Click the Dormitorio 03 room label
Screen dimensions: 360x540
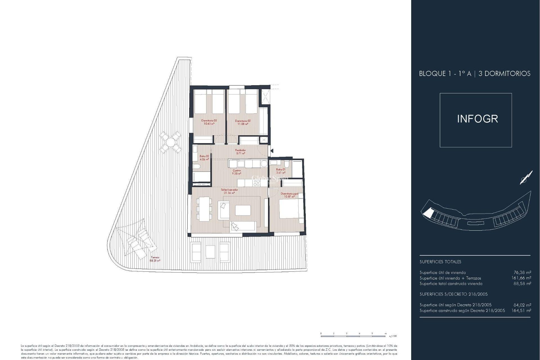[209, 122]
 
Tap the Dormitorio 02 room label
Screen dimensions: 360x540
[243, 122]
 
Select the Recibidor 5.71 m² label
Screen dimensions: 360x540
[240, 152]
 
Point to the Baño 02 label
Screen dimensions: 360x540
[204, 157]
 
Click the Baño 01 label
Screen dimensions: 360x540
[280, 171]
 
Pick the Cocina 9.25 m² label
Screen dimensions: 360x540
[236, 172]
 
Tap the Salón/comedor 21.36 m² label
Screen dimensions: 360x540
[229, 191]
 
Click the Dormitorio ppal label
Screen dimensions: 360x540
[289, 195]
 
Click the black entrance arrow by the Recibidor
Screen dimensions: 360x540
[272, 151]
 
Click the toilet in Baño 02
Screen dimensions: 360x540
[197, 167]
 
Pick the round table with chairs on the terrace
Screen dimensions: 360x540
[170, 142]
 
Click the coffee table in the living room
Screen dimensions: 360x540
[243, 210]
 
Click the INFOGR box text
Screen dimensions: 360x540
[477, 119]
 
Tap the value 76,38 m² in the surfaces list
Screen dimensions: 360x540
[522, 272]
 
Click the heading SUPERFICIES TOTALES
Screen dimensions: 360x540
[440, 262]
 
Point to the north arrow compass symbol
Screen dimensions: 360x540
[526, 178]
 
